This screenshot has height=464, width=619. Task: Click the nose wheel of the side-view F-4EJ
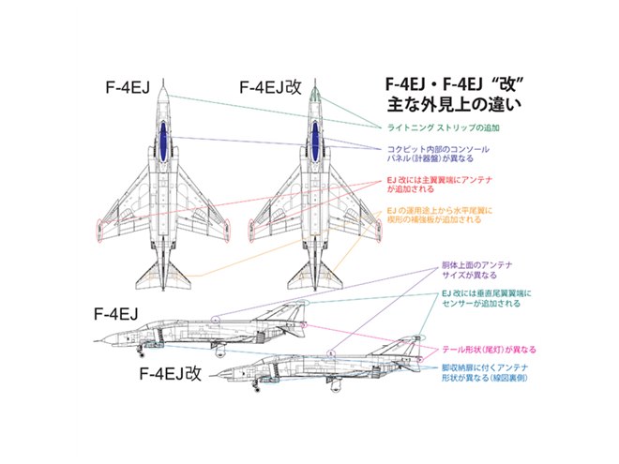143,351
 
